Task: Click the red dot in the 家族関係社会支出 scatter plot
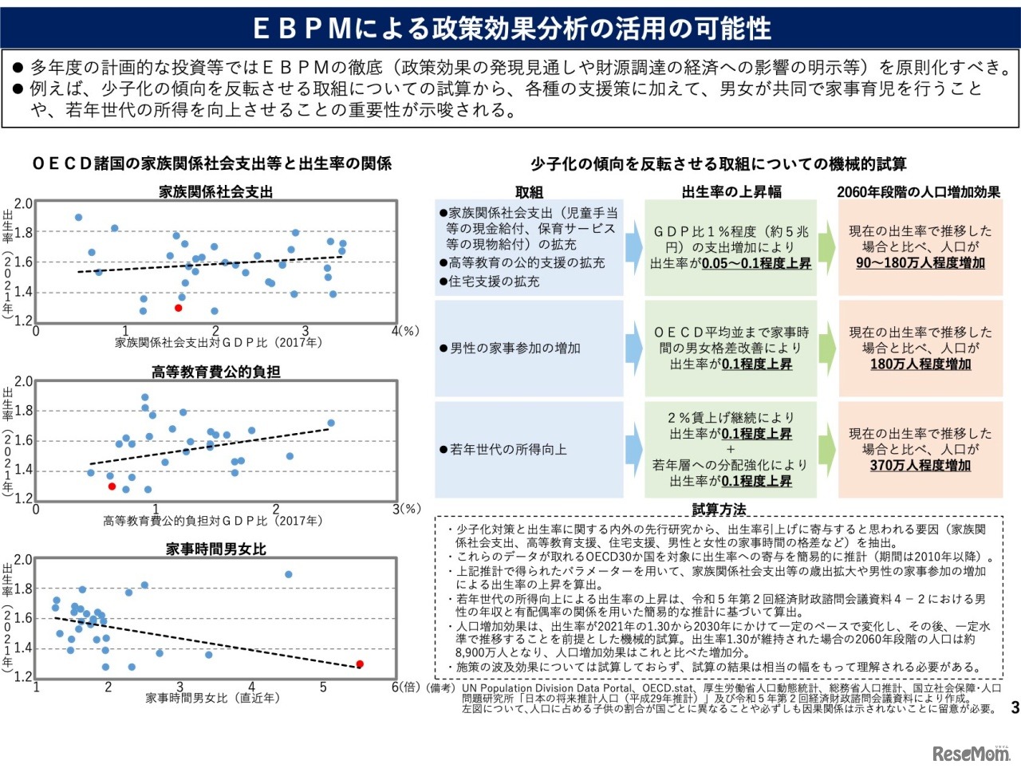[179, 308]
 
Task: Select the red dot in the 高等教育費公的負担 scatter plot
[112, 486]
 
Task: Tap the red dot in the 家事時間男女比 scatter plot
[360, 664]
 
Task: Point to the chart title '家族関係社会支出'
[215, 191]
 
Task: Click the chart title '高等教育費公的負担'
[215, 372]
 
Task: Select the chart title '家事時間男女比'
[215, 549]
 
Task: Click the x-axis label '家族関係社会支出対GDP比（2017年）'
[219, 342]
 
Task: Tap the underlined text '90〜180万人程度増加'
[920, 262]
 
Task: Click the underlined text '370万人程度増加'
[920, 465]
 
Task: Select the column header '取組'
[528, 192]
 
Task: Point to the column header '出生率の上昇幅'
[731, 192]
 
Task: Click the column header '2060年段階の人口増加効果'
[918, 192]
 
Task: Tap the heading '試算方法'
[719, 509]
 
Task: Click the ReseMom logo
[971, 753]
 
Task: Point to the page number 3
[1014, 707]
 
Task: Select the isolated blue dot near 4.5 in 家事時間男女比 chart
[289, 574]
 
